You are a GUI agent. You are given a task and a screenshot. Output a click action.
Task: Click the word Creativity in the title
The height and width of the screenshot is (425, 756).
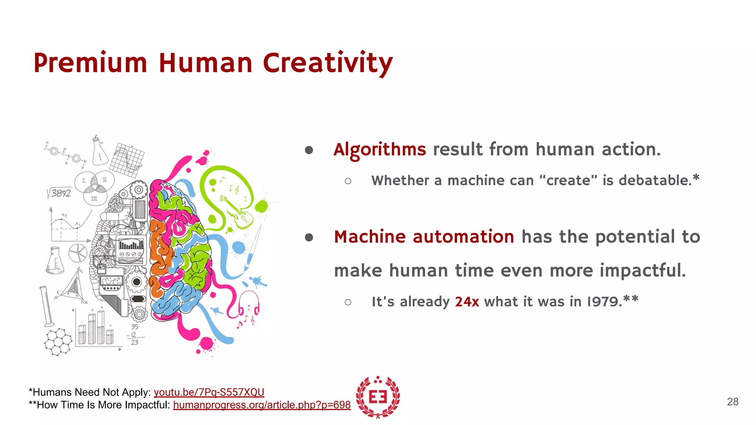328,63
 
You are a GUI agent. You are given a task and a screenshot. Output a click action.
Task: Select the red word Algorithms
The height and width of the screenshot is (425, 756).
379,150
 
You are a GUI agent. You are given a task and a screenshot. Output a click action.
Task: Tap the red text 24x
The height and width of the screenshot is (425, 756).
467,302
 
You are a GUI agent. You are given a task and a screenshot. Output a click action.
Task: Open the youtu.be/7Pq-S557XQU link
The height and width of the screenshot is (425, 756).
209,392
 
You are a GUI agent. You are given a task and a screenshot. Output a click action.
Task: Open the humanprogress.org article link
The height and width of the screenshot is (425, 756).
262,405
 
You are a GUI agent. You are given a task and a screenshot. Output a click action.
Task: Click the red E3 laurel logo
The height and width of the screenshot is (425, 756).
378,397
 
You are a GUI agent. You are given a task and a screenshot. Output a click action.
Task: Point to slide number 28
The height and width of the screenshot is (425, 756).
732,402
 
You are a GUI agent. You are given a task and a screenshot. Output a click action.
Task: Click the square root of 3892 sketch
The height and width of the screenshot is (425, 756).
59,193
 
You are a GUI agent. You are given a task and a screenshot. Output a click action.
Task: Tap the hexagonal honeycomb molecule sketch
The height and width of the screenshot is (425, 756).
58,342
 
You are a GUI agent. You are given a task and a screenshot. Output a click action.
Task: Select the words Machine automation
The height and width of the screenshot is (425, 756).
424,237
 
